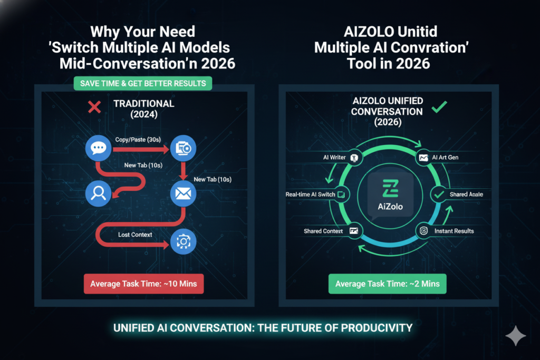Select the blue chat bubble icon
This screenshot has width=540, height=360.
click(x=98, y=149)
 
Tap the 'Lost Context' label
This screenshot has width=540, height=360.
click(x=136, y=234)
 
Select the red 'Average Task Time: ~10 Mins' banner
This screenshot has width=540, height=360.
click(x=143, y=284)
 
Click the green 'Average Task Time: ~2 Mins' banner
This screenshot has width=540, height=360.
click(x=388, y=284)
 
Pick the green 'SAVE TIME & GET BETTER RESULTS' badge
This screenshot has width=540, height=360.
click(x=143, y=83)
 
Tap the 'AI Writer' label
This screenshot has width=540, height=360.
click(x=333, y=157)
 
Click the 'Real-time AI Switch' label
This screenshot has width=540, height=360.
click(x=310, y=194)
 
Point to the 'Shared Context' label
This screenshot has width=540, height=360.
click(x=323, y=231)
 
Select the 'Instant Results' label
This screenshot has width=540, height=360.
click(x=454, y=231)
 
